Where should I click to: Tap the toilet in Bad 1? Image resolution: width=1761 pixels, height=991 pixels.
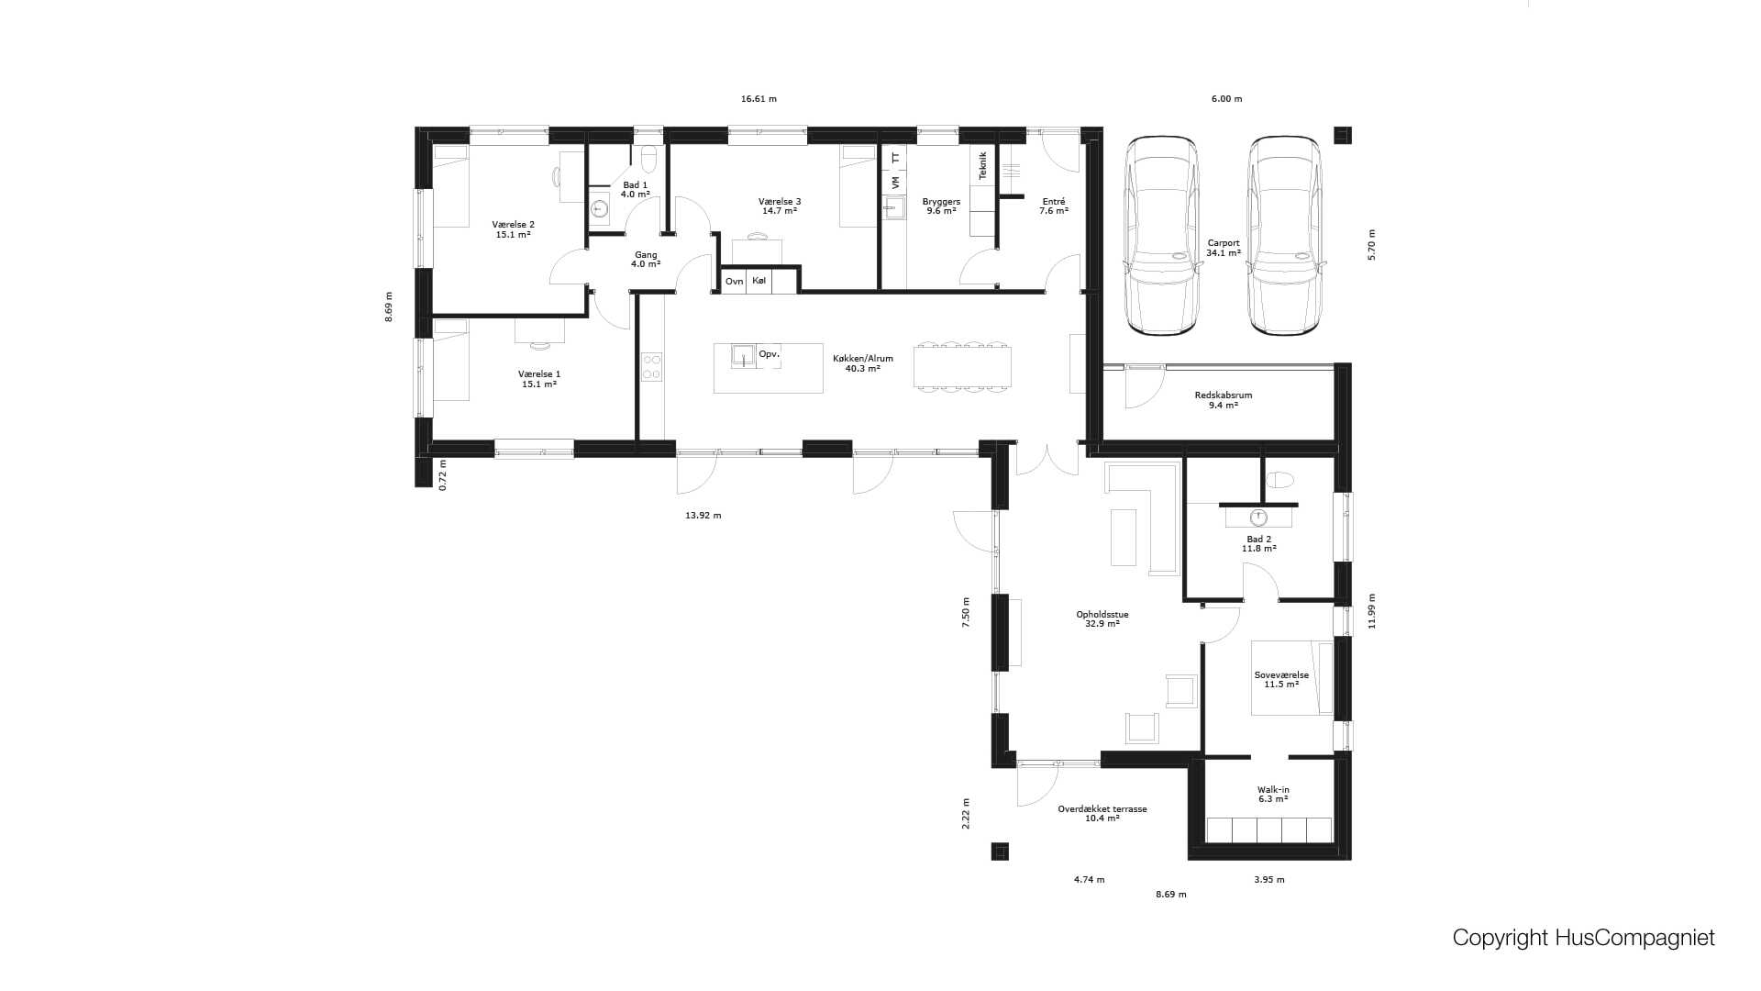649,159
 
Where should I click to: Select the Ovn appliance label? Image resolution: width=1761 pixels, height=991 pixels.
734,281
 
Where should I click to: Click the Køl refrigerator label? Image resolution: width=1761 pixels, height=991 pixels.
759,280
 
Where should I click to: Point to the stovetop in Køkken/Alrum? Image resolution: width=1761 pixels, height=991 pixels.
652,368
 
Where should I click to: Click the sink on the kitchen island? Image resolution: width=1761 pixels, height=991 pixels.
743,355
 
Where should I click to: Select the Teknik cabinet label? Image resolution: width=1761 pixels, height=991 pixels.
982,165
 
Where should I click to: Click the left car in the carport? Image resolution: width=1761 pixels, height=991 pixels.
1162,237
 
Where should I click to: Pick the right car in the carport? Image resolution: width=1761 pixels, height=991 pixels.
1284,237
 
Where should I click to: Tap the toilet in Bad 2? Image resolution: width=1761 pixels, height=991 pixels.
1279,479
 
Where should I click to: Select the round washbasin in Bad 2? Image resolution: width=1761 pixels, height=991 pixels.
1259,518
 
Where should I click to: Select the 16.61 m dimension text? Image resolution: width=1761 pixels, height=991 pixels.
759,99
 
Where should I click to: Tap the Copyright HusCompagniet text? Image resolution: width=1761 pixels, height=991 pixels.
1583,938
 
